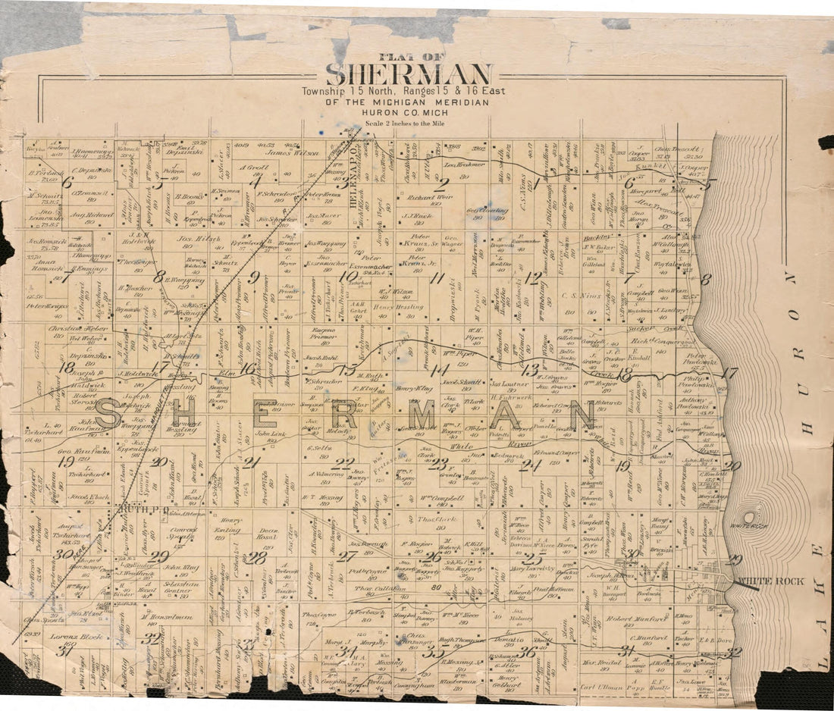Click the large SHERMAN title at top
click(409, 74)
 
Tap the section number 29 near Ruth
click(158, 556)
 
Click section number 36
click(528, 650)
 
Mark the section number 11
click(437, 277)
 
